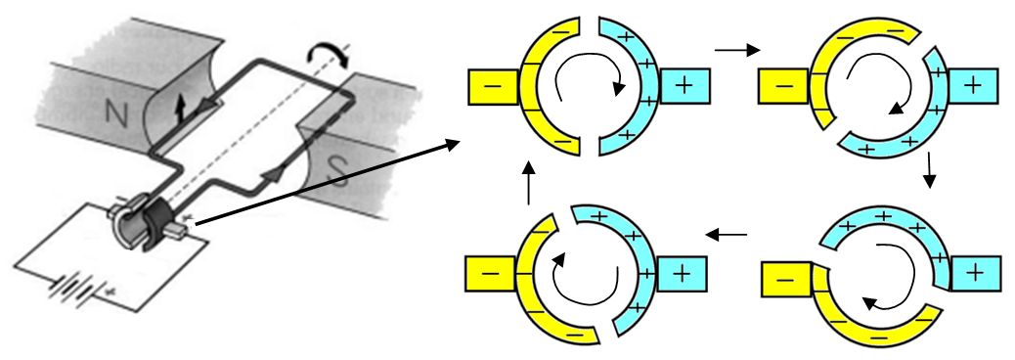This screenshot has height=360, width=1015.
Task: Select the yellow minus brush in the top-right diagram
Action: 783,86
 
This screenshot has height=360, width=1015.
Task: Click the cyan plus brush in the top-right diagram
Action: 972,86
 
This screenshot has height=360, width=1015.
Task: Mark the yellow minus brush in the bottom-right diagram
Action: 785,280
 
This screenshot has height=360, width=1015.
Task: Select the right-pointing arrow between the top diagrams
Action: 736,49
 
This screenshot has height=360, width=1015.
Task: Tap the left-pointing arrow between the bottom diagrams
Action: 726,235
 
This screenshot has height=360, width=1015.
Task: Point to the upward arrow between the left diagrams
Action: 528,185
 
